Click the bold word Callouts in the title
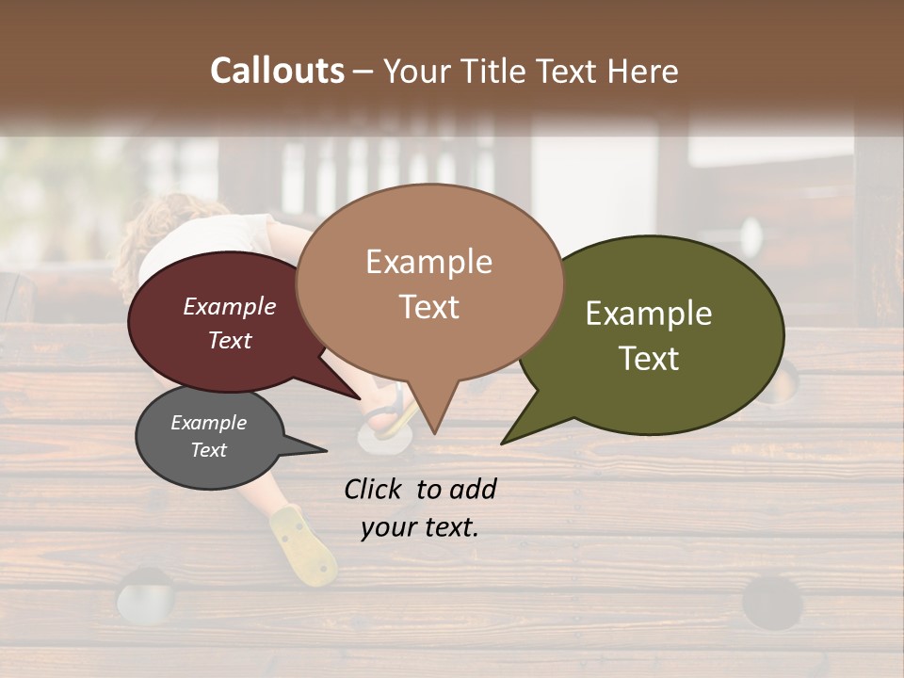tap(277, 72)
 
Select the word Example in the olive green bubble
tap(649, 315)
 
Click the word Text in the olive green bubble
tap(649, 359)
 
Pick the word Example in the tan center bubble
tap(428, 262)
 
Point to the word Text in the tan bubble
tap(428, 307)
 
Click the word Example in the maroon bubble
tap(229, 307)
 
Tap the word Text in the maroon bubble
tap(229, 341)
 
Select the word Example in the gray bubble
tap(208, 423)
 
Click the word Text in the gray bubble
tap(208, 450)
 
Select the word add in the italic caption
tap(472, 489)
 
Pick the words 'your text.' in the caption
tap(419, 527)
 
